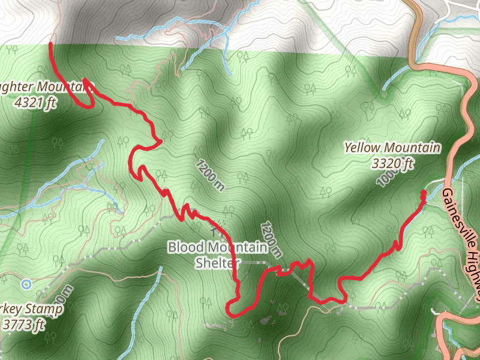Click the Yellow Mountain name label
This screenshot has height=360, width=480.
tap(392, 148)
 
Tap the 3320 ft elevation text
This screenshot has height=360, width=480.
tap(392, 162)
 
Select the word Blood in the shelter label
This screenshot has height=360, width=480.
tap(186, 247)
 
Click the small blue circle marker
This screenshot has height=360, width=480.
tap(25, 283)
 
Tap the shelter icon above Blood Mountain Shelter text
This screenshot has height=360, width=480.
tap(217, 226)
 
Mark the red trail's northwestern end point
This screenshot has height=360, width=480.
tap(50, 44)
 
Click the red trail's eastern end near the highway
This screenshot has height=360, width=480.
tap(423, 193)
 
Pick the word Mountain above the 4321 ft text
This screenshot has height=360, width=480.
tap(63, 86)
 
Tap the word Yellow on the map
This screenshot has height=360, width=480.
tap(362, 148)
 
